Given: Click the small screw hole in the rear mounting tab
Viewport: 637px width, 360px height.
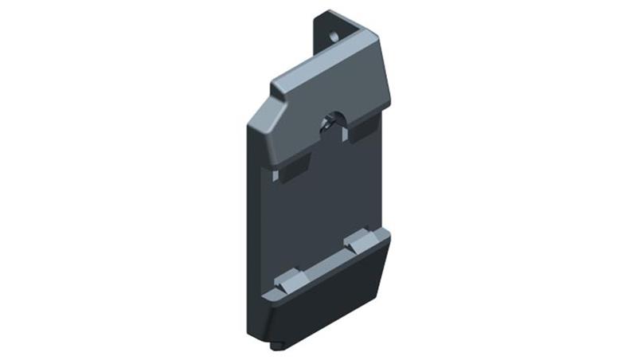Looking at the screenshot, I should tap(334, 36).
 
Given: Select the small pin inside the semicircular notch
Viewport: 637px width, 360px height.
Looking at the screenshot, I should tap(327, 124).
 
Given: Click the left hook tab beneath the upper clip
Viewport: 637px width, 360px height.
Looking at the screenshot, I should tap(294, 168).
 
